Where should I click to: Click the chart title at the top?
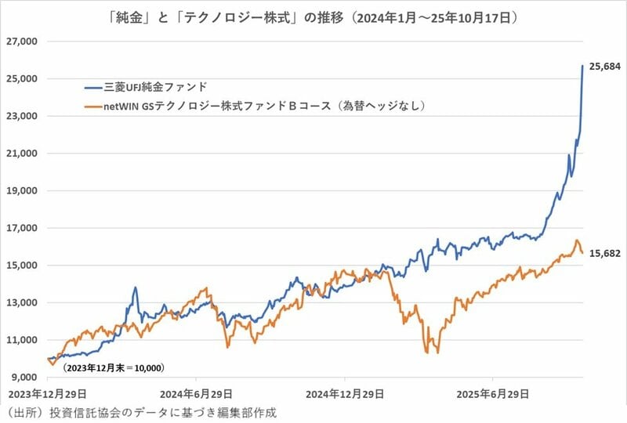[313, 16]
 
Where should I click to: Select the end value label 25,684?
[604, 67]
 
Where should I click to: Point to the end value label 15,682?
[604, 253]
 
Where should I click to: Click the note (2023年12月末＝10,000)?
[114, 367]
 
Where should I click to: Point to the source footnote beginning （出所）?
[141, 412]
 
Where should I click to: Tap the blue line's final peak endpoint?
[582, 66]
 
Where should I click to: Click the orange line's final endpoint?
[582, 253]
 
